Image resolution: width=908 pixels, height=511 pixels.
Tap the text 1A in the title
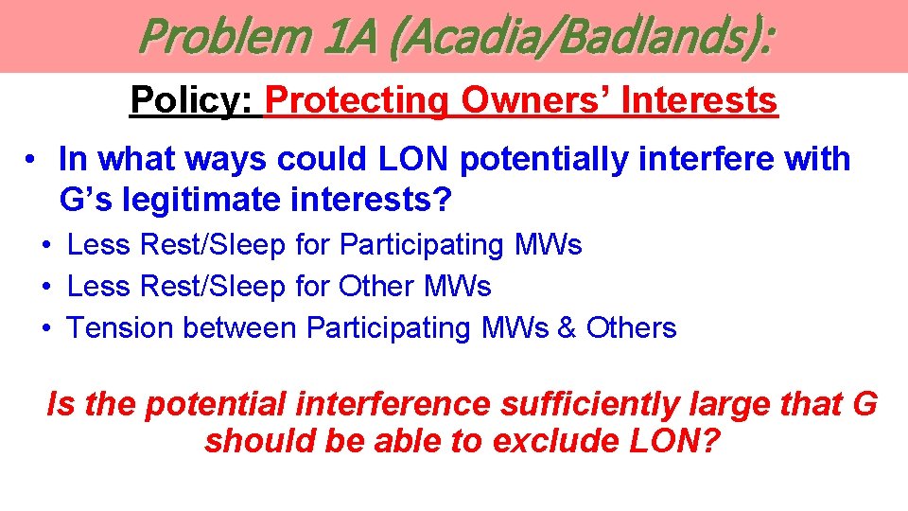[349, 37]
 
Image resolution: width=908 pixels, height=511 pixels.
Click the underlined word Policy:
[194, 99]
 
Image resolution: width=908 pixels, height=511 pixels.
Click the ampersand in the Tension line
[567, 328]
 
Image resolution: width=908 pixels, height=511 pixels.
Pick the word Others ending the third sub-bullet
[631, 328]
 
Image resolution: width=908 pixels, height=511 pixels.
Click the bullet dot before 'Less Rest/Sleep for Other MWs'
[46, 287]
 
